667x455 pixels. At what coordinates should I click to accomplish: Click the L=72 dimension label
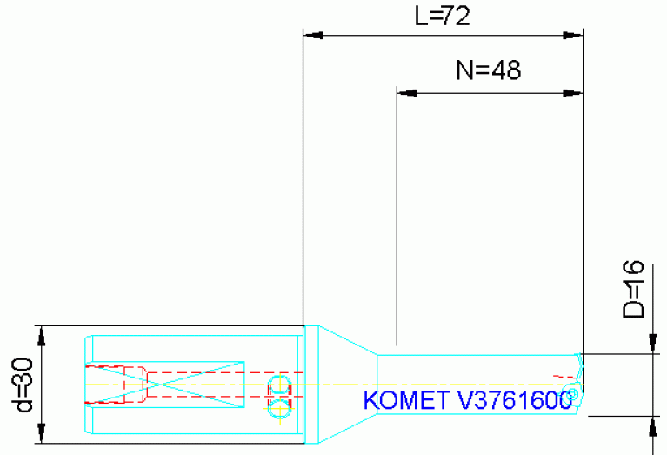442,17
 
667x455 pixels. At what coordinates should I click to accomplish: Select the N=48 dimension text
488,71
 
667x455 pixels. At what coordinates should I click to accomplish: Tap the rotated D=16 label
637,289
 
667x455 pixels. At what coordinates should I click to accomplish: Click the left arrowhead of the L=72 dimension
312,36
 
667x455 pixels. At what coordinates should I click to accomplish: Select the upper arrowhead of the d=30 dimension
42,335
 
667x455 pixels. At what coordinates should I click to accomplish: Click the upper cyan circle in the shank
279,386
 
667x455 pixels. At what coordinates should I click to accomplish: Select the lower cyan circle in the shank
279,405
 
